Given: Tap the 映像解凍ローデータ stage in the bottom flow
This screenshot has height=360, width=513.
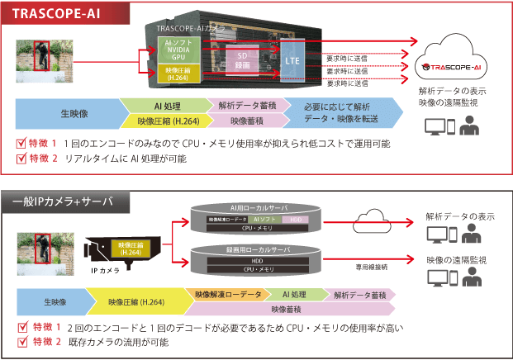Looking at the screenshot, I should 227,294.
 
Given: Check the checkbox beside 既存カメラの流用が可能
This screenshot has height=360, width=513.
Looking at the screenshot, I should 22,341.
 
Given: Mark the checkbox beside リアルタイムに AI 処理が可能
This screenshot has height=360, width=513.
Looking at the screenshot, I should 22,159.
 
